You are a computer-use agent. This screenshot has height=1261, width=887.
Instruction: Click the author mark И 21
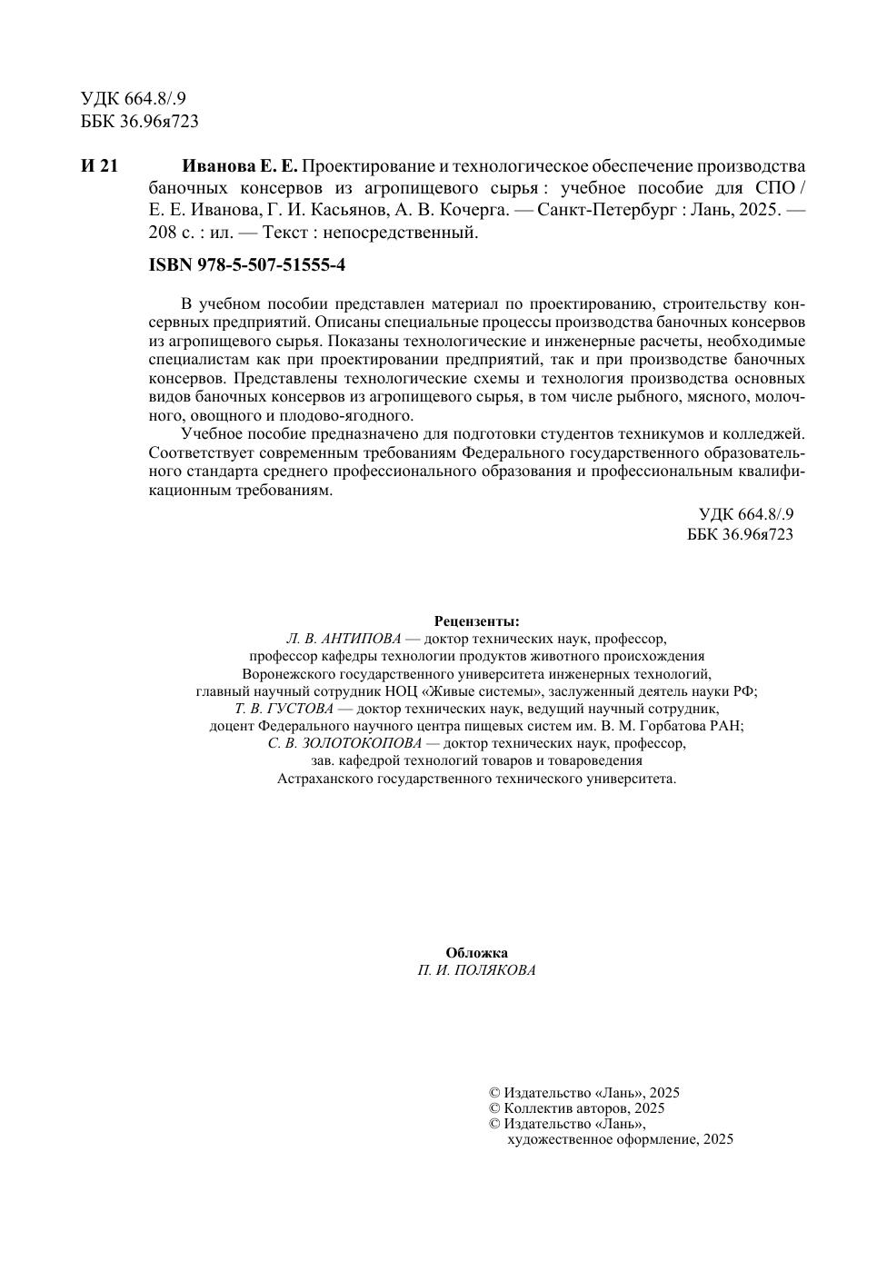[99, 166]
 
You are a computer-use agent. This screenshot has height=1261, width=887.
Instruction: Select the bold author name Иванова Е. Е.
[240, 166]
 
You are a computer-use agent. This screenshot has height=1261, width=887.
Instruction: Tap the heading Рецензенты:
[476, 621]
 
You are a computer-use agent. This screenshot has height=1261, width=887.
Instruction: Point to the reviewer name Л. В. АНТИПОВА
[343, 639]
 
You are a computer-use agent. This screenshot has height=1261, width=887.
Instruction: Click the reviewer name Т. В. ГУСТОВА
[284, 709]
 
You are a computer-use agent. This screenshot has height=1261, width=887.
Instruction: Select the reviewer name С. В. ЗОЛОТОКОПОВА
[345, 743]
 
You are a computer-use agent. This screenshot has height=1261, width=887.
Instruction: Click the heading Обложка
[476, 953]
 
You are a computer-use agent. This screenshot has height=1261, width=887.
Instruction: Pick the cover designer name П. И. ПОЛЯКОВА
[476, 970]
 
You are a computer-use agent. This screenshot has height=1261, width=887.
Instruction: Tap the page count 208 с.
[168, 233]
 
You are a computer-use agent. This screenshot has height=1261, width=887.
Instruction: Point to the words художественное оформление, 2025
[620, 1139]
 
